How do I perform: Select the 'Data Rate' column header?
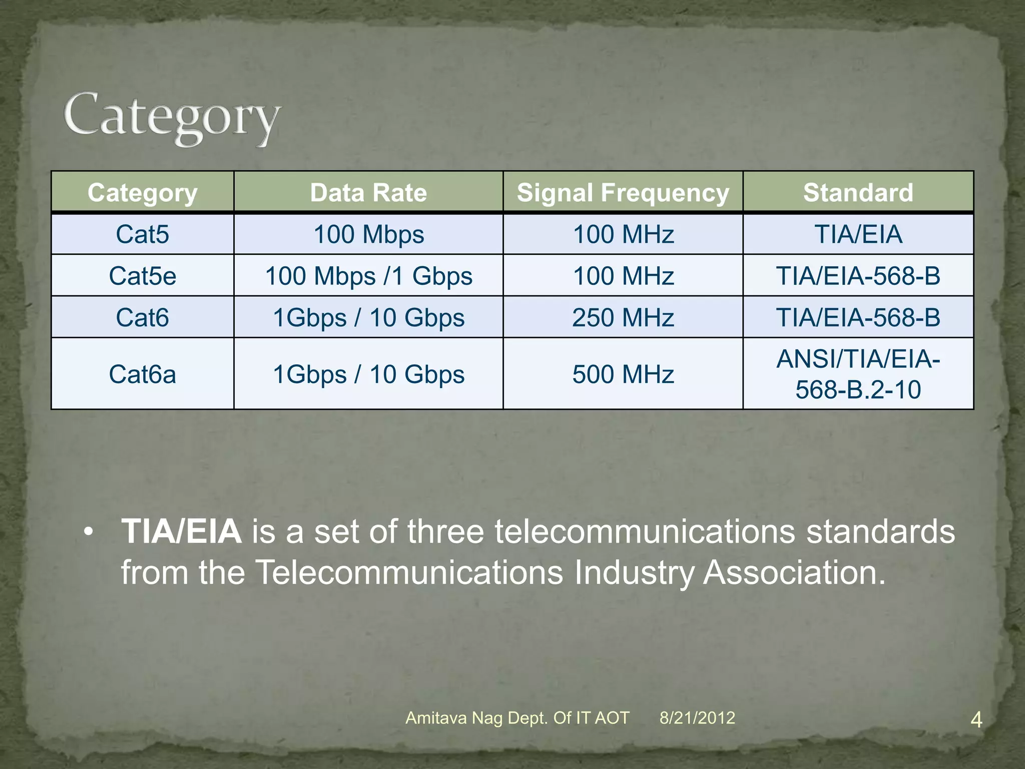click(x=368, y=193)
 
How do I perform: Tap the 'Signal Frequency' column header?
click(x=623, y=193)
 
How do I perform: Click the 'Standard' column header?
click(x=858, y=193)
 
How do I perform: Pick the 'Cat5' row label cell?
click(x=143, y=234)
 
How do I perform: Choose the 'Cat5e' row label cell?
click(x=143, y=276)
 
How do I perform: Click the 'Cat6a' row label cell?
click(x=143, y=374)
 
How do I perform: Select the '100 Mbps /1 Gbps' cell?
click(x=368, y=276)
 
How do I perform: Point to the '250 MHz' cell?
click(x=623, y=317)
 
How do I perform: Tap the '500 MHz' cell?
click(x=623, y=374)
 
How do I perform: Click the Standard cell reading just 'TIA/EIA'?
click(x=858, y=234)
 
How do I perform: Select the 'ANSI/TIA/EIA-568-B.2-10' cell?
click(x=858, y=374)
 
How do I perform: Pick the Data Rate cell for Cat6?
click(x=368, y=317)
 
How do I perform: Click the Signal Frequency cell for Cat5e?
click(x=623, y=276)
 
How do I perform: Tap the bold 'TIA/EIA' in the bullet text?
click(x=181, y=531)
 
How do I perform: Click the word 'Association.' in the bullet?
click(x=794, y=572)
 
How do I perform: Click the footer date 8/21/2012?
click(x=697, y=718)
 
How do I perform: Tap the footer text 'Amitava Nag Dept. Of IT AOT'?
click(x=517, y=718)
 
